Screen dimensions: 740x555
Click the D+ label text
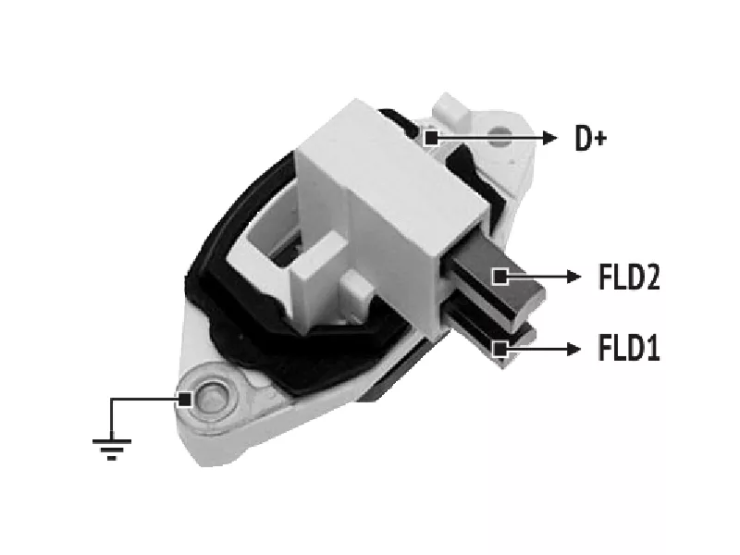(x=590, y=138)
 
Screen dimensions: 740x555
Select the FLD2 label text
(x=629, y=277)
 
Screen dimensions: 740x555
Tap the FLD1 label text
(x=628, y=348)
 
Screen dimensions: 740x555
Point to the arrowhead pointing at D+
(x=549, y=138)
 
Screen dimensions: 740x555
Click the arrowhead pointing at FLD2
(x=573, y=277)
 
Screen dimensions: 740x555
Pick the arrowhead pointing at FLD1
(x=573, y=350)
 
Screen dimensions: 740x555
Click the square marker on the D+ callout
(x=431, y=138)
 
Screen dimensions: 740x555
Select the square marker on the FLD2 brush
(x=500, y=277)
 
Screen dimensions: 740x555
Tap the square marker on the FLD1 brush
(x=500, y=350)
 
